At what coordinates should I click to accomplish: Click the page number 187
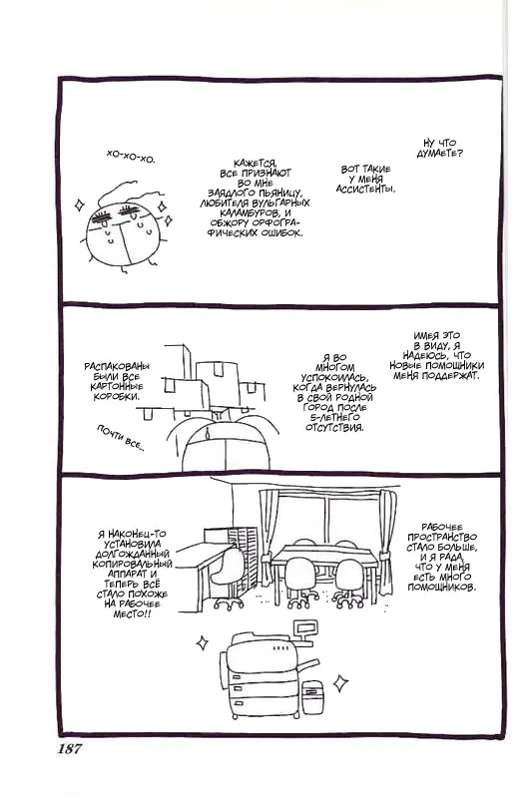(69, 749)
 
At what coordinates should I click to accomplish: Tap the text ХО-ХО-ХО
(131, 156)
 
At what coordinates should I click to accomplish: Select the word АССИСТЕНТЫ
(365, 190)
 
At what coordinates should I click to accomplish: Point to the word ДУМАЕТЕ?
(439, 154)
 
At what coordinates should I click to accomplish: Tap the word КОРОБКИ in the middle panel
(116, 396)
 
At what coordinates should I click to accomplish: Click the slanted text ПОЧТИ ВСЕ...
(121, 439)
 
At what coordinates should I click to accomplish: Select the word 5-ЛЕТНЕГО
(335, 417)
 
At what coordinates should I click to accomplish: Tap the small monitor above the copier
(302, 630)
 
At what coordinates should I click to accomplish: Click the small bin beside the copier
(311, 696)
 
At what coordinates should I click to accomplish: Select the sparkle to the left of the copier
(202, 642)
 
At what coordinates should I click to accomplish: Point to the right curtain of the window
(388, 541)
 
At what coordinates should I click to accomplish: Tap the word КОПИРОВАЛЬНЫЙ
(133, 564)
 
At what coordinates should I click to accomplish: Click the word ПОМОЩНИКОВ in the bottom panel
(442, 588)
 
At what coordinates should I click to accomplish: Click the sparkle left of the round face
(79, 205)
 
